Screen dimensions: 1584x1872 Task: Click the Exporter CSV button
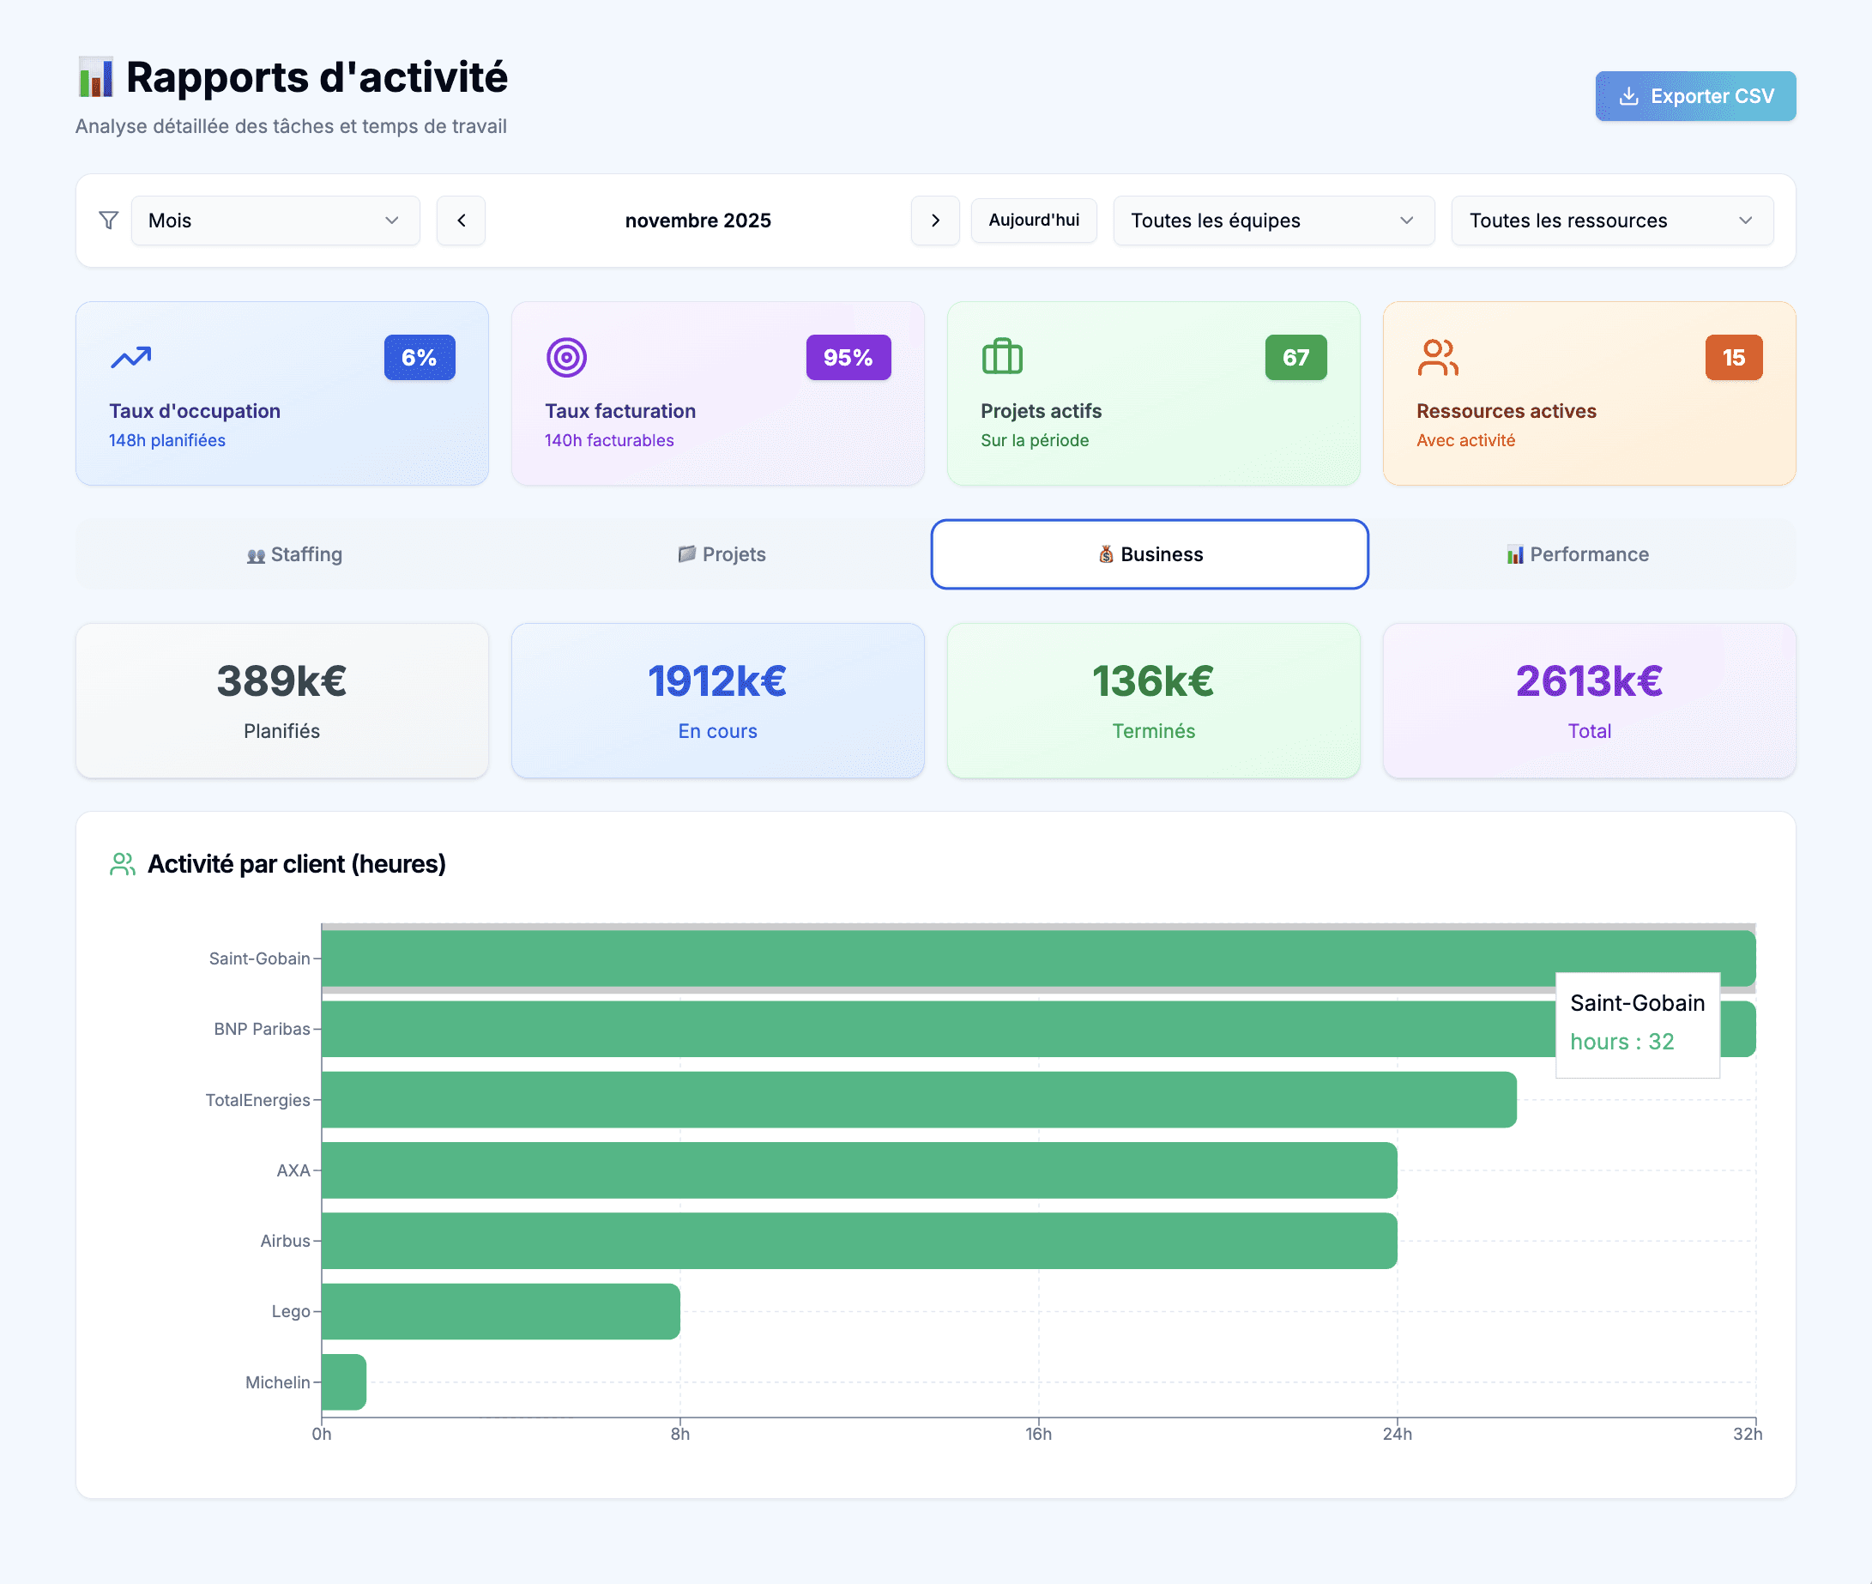[1694, 96]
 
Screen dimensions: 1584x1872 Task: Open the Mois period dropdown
[275, 221]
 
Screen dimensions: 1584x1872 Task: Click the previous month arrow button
[461, 221]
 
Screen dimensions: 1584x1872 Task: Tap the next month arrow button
[934, 221]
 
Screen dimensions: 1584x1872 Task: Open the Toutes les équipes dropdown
[1272, 221]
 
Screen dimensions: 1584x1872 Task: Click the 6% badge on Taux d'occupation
[420, 358]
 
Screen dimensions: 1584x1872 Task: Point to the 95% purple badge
[848, 358]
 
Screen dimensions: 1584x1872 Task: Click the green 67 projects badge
[1295, 358]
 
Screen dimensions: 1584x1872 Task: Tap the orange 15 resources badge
[1733, 358]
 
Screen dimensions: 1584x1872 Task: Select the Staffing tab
[294, 555]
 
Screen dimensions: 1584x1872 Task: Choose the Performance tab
[1578, 555]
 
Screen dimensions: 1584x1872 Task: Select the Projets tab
[722, 555]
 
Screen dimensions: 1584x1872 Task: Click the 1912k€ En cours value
[716, 681]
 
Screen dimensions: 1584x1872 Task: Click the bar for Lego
[500, 1311]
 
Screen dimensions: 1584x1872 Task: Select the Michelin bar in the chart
[344, 1382]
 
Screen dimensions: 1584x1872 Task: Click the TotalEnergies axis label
[257, 1100]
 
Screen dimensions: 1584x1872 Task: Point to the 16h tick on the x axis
[1038, 1434]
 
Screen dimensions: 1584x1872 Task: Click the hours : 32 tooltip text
[1621, 1042]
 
